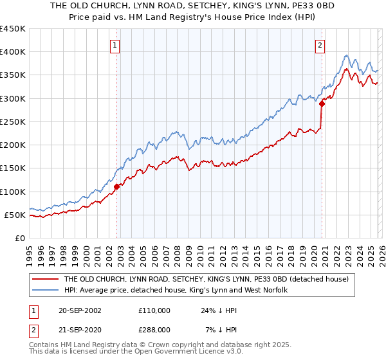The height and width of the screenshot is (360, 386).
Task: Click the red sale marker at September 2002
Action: click(x=117, y=187)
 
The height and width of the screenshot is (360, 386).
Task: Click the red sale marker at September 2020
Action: click(x=322, y=104)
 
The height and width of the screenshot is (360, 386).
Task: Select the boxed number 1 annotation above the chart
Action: click(x=115, y=45)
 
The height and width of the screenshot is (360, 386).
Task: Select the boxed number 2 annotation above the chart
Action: click(x=320, y=45)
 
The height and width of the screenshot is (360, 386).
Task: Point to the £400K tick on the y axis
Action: click(x=13, y=52)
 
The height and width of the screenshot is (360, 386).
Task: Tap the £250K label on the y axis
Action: click(x=13, y=122)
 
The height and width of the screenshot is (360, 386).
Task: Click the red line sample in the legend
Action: click(x=46, y=279)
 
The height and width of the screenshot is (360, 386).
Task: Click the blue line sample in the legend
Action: click(x=46, y=291)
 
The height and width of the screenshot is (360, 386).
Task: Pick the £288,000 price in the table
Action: click(x=154, y=329)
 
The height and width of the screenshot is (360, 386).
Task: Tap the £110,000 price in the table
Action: click(x=154, y=310)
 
